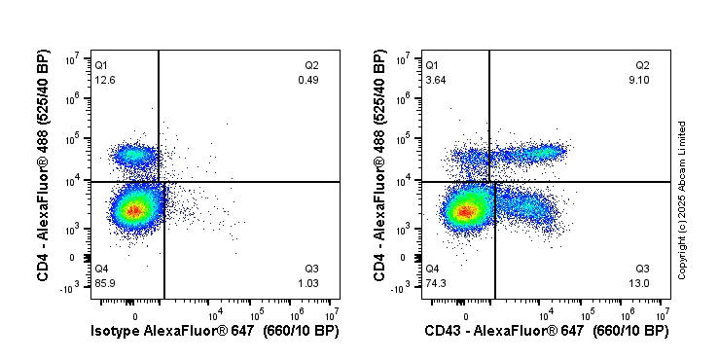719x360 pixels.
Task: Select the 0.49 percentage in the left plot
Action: [x=311, y=80]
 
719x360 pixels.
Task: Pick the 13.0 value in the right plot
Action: [x=642, y=282]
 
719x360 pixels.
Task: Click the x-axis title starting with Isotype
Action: [x=216, y=332]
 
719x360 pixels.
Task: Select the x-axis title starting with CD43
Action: [x=547, y=332]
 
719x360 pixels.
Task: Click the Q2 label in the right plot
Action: [x=642, y=65]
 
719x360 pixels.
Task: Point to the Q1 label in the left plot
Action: [x=100, y=65]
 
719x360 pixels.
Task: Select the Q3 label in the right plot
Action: [x=642, y=268]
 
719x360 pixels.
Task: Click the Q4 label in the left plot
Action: [x=100, y=268]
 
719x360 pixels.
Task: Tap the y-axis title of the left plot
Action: [x=45, y=167]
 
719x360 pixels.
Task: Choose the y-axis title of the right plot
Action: [x=379, y=167]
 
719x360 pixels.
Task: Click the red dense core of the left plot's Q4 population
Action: [x=134, y=208]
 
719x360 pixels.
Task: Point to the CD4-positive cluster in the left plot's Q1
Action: [x=133, y=155]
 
